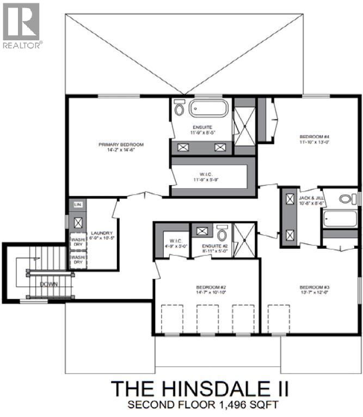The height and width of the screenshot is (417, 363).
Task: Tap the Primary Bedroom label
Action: (121, 147)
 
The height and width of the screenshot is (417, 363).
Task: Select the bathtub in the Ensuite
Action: (208, 108)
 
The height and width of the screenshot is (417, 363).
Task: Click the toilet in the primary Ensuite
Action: (179, 108)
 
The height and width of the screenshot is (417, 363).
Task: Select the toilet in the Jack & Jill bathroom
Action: (345, 198)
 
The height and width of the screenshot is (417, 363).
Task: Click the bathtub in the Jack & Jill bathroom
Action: (340, 219)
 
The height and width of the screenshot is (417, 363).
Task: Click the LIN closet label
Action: (77, 206)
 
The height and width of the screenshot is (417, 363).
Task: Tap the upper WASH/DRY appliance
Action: (78, 241)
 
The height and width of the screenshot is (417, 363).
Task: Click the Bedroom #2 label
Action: (207, 289)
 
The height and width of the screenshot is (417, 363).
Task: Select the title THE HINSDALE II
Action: (200, 389)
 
